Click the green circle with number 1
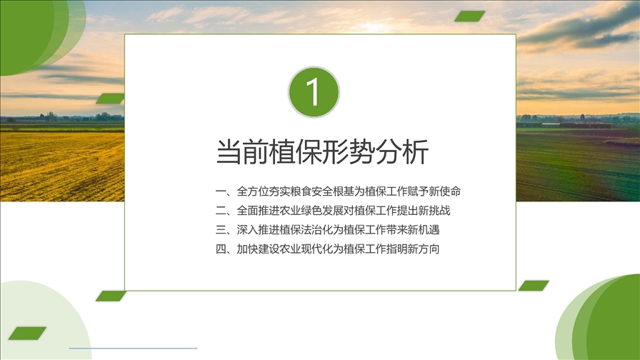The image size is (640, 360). [x=314, y=92]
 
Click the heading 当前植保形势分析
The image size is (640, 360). [x=322, y=152]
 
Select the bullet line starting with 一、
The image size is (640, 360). [x=338, y=191]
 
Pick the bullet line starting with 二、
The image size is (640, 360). [x=333, y=210]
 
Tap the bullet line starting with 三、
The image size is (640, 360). [x=327, y=229]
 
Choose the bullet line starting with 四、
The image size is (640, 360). [x=327, y=249]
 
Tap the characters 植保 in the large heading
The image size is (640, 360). [x=296, y=152]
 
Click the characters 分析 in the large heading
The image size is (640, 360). [x=402, y=152]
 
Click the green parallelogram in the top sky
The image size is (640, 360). [x=469, y=16]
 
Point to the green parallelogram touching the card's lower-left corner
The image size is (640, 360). [x=111, y=296]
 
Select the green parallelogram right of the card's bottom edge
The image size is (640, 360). [x=534, y=286]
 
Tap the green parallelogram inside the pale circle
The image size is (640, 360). [x=27, y=333]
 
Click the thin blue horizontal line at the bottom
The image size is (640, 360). [x=133, y=348]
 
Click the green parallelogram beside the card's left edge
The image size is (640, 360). [x=110, y=99]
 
